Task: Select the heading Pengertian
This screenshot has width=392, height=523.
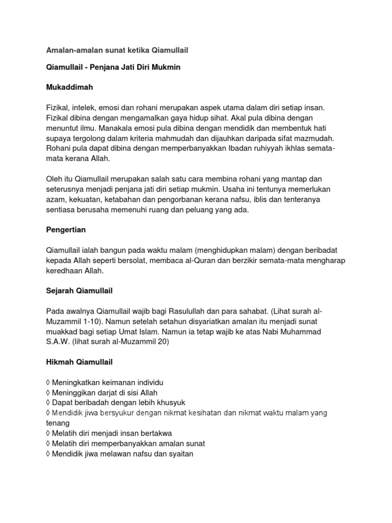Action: pyautogui.click(x=66, y=230)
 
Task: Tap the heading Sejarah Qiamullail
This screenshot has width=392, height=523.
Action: pyautogui.click(x=79, y=291)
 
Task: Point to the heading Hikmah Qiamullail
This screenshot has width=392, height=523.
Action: pyautogui.click(x=79, y=362)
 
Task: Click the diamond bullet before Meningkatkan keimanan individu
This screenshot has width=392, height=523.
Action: pyautogui.click(x=48, y=382)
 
